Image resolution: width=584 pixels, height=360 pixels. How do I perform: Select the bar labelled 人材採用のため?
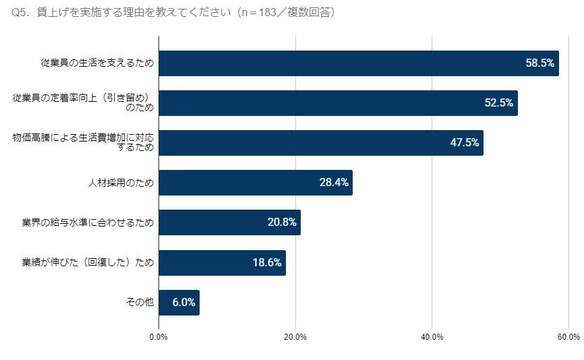click(255, 183)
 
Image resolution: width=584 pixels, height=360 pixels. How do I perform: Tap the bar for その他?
click(179, 303)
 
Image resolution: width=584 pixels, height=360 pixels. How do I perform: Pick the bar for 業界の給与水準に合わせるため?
click(229, 222)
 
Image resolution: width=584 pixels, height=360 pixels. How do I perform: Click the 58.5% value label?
click(539, 63)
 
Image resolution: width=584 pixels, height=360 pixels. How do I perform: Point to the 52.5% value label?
click(499, 103)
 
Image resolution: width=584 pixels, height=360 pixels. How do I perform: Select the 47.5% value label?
click(465, 143)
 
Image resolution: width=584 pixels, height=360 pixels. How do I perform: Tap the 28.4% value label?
click(334, 183)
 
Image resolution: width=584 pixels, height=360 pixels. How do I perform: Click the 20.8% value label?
click(282, 222)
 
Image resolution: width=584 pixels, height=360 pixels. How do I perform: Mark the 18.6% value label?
click(267, 263)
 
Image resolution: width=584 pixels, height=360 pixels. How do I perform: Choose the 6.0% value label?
click(183, 303)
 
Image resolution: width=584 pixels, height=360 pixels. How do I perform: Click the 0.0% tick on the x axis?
click(159, 337)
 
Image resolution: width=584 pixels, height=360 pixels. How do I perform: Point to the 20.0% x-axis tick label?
click(295, 337)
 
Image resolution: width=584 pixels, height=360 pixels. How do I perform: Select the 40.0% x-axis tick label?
click(432, 337)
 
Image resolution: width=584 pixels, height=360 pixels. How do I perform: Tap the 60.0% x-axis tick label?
click(568, 337)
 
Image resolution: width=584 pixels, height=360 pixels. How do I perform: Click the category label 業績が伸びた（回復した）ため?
click(88, 263)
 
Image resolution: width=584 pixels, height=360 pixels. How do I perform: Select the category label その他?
click(140, 303)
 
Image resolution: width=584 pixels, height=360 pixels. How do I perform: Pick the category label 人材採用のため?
click(121, 183)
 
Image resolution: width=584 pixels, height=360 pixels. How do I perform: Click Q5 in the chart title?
click(20, 13)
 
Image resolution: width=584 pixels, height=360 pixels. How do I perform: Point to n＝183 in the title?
click(265, 13)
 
